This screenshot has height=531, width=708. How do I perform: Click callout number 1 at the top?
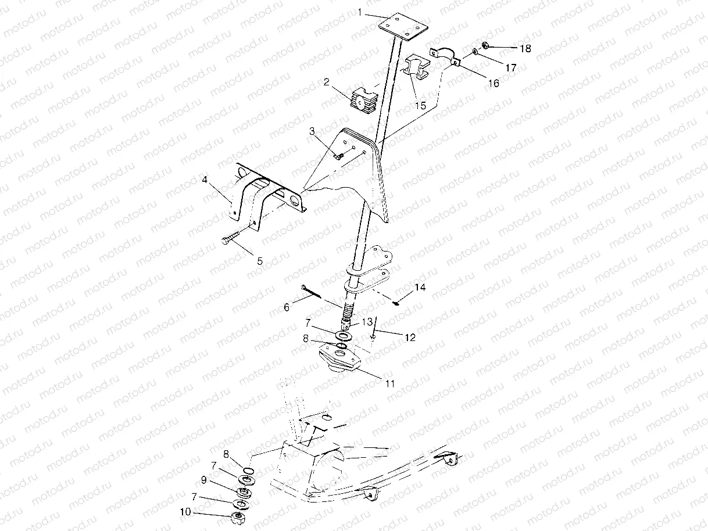360,11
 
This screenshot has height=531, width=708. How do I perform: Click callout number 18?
525,49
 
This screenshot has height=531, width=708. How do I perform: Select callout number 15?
420,106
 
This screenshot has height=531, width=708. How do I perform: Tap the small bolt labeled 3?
340,156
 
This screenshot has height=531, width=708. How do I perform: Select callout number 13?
367,322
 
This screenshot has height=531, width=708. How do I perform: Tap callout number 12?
410,337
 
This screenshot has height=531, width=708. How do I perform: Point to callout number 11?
389,383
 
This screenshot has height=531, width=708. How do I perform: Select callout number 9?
204,480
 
